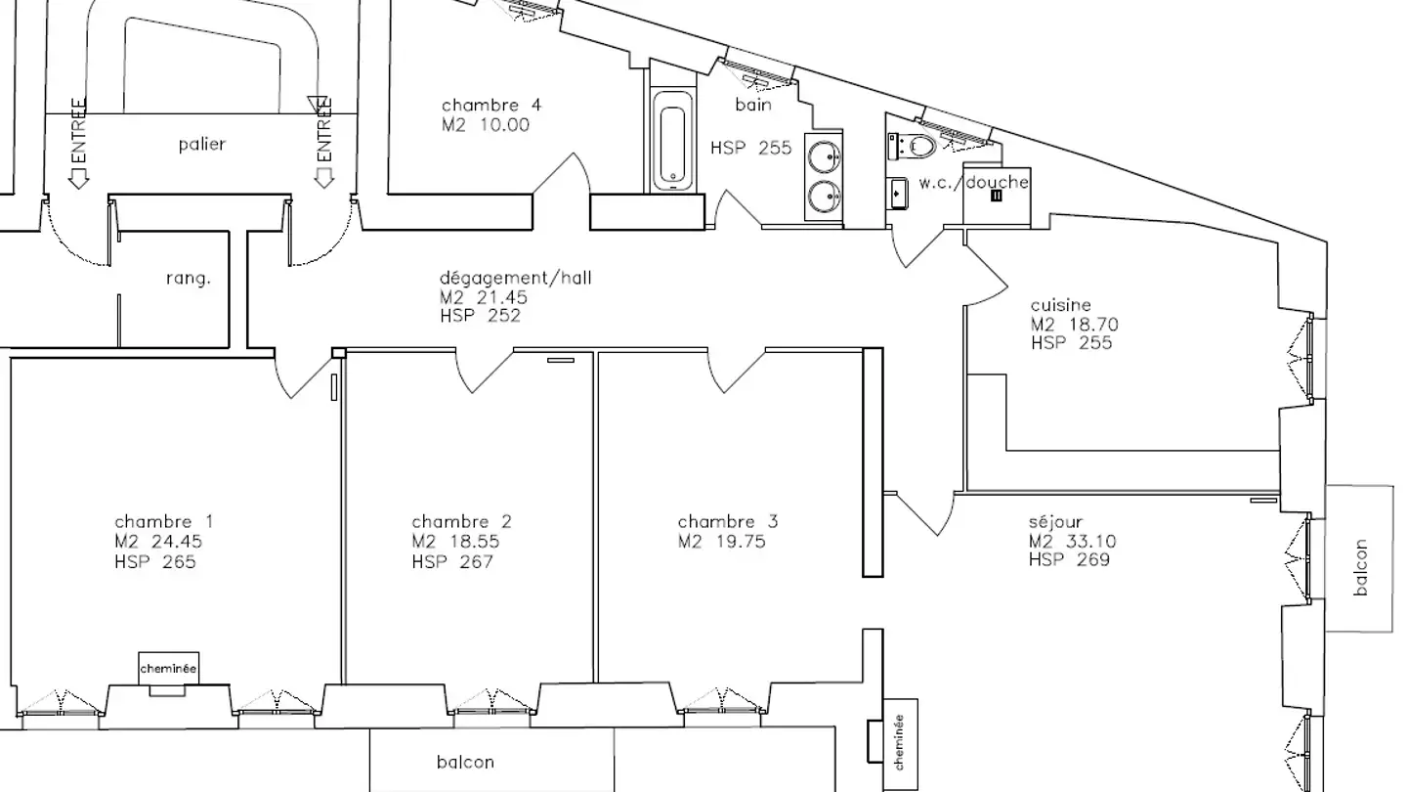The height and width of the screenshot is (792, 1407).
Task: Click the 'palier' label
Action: coord(202,145)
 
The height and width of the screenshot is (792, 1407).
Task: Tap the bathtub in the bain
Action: coord(672,141)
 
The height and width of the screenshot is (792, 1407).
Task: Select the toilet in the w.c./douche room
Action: coord(913,146)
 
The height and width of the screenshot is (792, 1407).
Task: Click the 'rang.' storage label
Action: coord(188,278)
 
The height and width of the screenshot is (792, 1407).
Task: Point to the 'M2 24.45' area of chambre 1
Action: coord(158,542)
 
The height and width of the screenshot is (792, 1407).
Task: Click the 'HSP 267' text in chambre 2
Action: coord(452,561)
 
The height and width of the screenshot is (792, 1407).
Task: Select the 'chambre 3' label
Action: coord(727,521)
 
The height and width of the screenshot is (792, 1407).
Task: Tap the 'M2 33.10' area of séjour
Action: coord(1072,541)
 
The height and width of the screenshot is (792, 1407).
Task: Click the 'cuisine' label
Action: coord(1061,305)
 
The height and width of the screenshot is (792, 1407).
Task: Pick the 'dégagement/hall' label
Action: coord(516,278)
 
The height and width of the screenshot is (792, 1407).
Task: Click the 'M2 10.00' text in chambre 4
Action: coord(486,124)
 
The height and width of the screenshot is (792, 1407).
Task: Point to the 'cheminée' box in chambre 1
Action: coord(168,668)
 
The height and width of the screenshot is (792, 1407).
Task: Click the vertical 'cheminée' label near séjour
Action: coord(900,742)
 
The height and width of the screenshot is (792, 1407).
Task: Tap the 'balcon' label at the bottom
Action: coord(465,762)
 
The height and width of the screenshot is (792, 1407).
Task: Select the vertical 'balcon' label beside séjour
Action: coord(1360,567)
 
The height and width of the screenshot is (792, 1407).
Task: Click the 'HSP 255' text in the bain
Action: coord(751,148)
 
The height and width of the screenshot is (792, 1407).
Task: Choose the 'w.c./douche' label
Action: coord(973,182)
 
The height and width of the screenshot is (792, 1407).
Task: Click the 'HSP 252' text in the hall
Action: coord(481,316)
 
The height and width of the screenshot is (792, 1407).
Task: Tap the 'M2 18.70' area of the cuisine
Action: coord(1075,325)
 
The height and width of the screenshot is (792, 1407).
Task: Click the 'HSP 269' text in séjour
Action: coord(1070,559)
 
